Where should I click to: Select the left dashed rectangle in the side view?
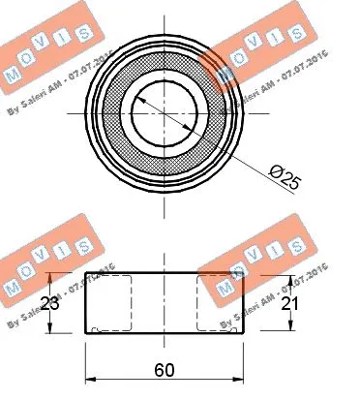(x=108, y=303)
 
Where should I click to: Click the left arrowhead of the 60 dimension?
(x=91, y=380)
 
